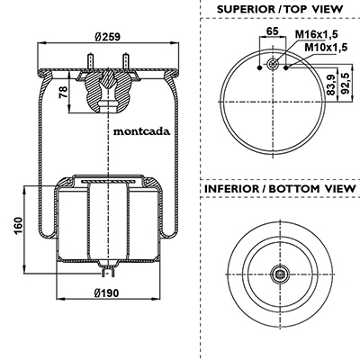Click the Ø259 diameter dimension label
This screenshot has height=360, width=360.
107,37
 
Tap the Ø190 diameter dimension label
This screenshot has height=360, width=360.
106,292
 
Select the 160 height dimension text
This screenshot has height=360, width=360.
18,226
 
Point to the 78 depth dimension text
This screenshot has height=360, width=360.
63,92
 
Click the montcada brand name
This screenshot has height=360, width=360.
141,131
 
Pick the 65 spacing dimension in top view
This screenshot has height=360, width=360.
273,31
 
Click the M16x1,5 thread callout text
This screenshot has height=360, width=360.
317,34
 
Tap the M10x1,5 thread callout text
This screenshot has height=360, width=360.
326,47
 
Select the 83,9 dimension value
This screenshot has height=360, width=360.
331,85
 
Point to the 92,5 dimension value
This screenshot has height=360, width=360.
346,84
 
